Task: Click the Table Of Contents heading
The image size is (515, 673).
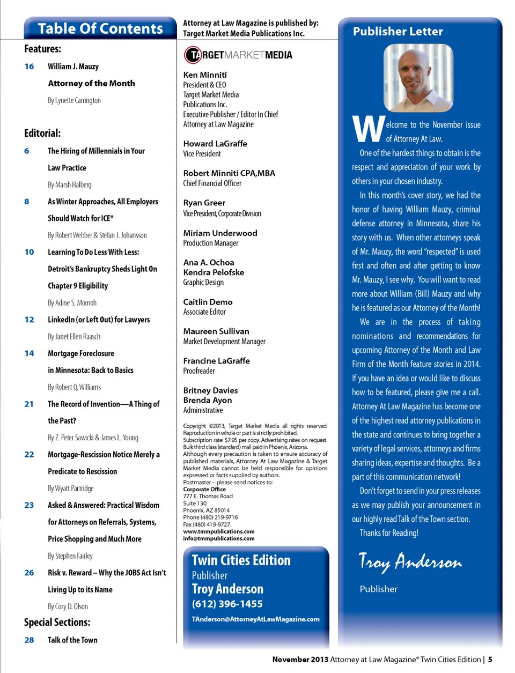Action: coord(100,28)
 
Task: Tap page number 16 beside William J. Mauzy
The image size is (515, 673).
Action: coord(29,66)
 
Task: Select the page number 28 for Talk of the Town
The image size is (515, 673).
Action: coord(29,640)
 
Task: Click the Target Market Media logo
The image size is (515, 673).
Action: coord(238,55)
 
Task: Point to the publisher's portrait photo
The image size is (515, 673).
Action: coord(418,78)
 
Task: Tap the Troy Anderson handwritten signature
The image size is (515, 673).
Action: coord(410,561)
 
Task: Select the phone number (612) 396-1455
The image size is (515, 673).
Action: coord(227,604)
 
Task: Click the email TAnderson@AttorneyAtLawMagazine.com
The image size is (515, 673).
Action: coord(255,619)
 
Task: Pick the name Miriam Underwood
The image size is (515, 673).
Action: coord(220,233)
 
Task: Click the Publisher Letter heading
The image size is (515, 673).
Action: coord(398,32)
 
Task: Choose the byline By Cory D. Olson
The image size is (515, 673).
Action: coord(68,607)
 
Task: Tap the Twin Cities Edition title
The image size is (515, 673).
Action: coord(241,560)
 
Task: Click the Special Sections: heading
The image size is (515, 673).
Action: coord(57,622)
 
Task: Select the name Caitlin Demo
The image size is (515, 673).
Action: coord(208,302)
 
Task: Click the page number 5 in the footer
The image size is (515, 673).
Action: coord(490,660)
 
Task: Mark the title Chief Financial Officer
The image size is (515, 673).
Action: coord(212,183)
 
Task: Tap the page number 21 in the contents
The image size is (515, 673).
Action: coord(29,404)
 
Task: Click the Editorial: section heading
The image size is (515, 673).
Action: coord(42,133)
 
